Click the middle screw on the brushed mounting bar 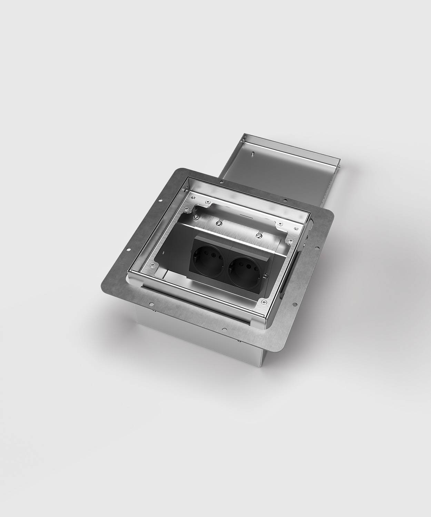click(x=219, y=223)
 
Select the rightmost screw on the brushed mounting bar click(x=259, y=235)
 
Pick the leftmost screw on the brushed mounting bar click(x=196, y=216)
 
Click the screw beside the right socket click(x=265, y=275)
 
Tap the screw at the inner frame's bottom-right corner click(x=263, y=302)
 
